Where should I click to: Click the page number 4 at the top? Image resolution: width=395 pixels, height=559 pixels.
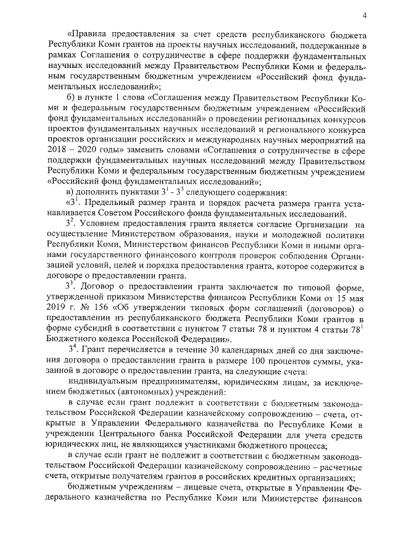(365, 15)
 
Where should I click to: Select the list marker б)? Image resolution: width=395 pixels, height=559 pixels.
(70, 99)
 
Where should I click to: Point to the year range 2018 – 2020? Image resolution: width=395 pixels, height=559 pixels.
(71, 153)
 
